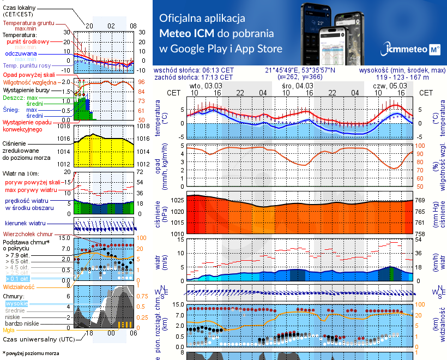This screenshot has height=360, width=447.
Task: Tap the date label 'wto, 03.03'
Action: click(205, 86)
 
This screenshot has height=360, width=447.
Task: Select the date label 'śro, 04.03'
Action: click(297, 86)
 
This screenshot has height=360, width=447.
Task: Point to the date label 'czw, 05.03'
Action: click(389, 86)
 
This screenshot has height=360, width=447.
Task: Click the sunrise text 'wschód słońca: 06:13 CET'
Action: click(194, 70)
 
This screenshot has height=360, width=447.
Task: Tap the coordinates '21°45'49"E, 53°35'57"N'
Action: click(300, 70)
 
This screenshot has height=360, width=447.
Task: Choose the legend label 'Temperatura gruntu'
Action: click(29, 23)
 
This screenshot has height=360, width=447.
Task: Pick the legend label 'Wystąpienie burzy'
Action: click(26, 89)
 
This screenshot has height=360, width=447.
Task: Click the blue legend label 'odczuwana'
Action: click(21, 54)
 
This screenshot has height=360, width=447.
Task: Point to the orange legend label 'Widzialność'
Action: click(19, 286)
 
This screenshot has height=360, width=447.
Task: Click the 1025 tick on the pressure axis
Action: click(177, 201)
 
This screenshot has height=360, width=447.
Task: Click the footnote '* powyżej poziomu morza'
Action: click(31, 353)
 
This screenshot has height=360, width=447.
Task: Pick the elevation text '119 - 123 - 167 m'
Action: click(402, 77)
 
